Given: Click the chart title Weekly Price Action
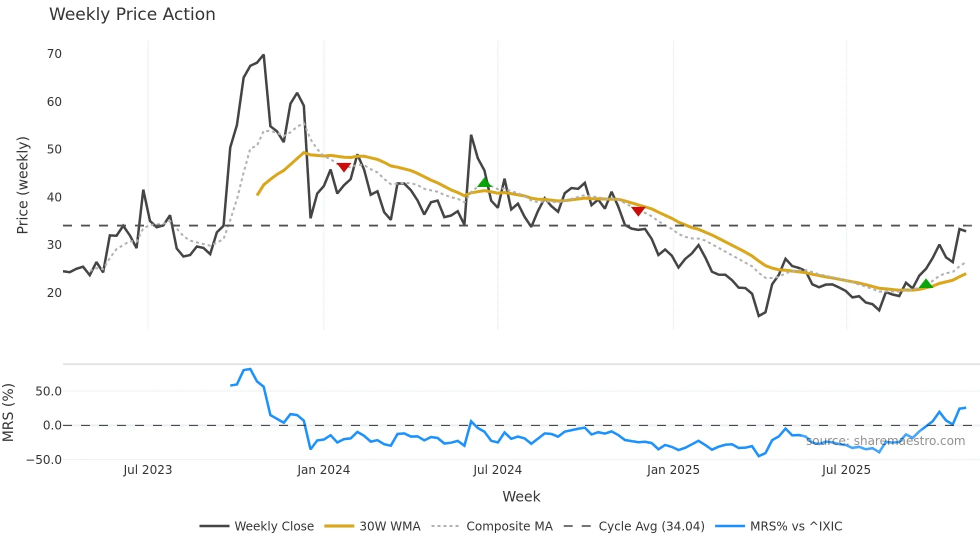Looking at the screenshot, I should coord(132,14).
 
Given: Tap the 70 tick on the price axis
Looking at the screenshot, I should coord(54,54).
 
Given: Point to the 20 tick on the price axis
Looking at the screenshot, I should coord(54,293).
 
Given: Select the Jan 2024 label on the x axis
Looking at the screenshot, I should coord(323,470).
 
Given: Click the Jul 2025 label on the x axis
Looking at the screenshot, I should coord(846,470).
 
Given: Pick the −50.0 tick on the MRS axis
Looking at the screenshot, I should coord(44,460).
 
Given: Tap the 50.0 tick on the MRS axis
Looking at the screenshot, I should coord(48,391).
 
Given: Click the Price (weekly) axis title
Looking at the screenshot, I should coord(22,185).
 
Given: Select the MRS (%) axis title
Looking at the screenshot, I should coord(8,412).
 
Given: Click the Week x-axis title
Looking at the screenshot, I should coord(521,496).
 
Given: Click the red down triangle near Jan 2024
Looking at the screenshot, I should coord(343,167).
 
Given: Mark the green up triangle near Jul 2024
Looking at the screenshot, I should coord(484,182).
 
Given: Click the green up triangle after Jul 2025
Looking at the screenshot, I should coord(926,284).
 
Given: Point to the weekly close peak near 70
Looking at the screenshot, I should coord(263,55).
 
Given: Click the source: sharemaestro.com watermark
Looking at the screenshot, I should coord(885,441).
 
